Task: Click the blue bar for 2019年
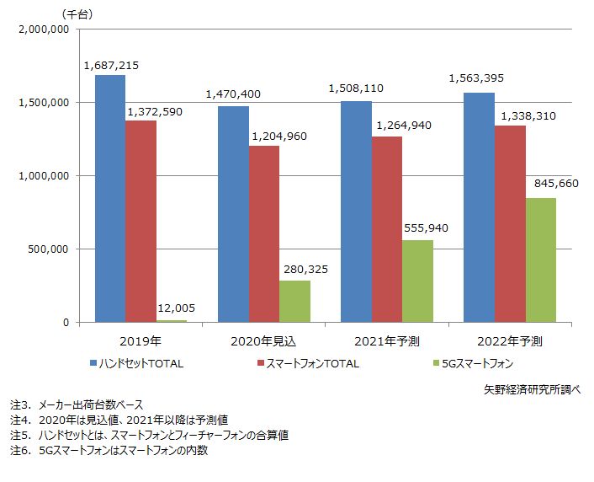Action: click(110, 199)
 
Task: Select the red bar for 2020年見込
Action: click(263, 234)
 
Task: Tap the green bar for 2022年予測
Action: click(540, 260)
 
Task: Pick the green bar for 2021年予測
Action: click(417, 281)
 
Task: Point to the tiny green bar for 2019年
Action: click(172, 320)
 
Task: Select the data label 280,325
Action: click(299, 270)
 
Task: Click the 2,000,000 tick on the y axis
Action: click(42, 29)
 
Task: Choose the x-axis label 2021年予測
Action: click(387, 341)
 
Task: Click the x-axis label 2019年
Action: click(141, 341)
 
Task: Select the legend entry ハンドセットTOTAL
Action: click(141, 364)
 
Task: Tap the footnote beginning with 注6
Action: click(108, 451)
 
